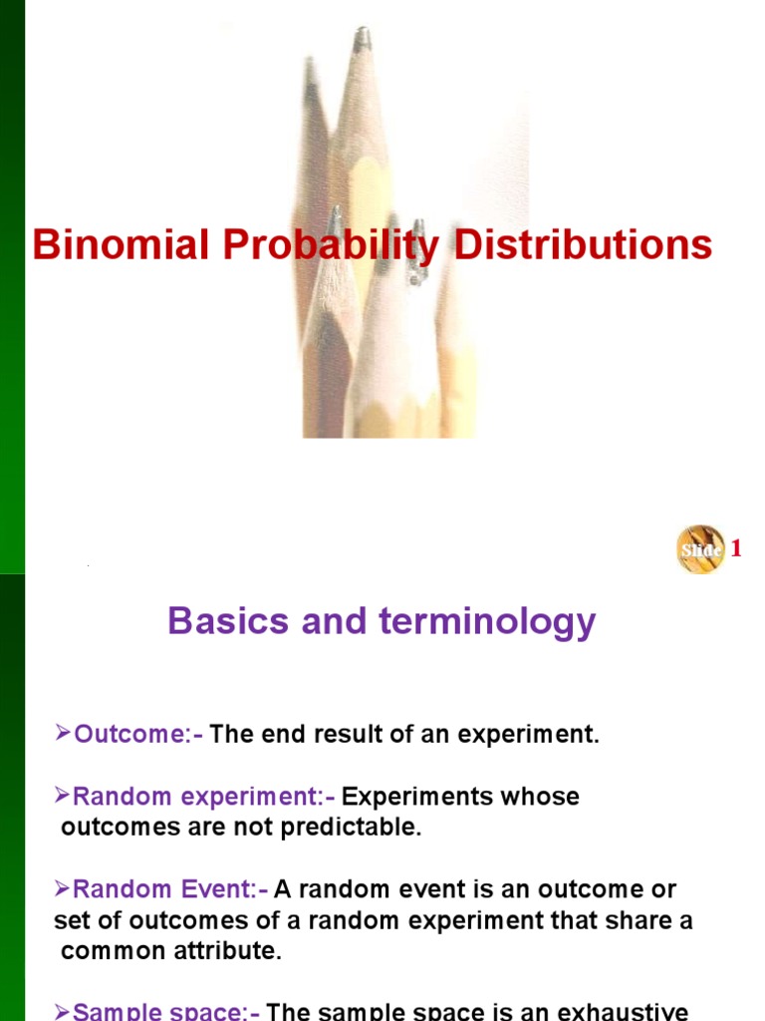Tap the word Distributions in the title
[x=583, y=245]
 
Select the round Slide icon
[x=701, y=548]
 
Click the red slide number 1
[x=737, y=548]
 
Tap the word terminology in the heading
[x=487, y=621]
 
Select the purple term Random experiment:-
[x=204, y=797]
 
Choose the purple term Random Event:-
[x=170, y=889]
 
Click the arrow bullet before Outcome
[x=63, y=736]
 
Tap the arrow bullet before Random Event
[x=63, y=889]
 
